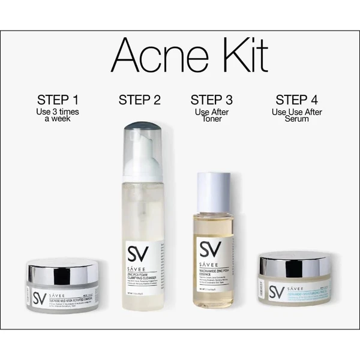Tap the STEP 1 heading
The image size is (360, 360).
pos(57,99)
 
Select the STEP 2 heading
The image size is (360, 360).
pos(139,100)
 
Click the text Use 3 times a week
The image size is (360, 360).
pos(57,115)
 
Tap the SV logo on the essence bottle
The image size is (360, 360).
pos(211,248)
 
